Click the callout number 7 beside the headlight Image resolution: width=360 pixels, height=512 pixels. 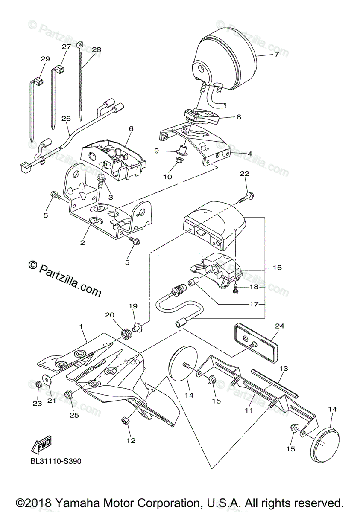[x=276, y=55]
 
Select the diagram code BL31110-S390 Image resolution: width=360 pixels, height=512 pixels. [x=56, y=461]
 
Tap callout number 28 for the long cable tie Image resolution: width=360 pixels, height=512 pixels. [x=97, y=49]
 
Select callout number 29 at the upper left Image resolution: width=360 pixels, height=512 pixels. [x=45, y=59]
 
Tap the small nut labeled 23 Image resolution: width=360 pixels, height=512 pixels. [x=38, y=384]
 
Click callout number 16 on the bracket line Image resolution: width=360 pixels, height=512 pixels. [x=277, y=268]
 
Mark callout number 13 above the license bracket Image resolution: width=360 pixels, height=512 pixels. [x=284, y=368]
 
